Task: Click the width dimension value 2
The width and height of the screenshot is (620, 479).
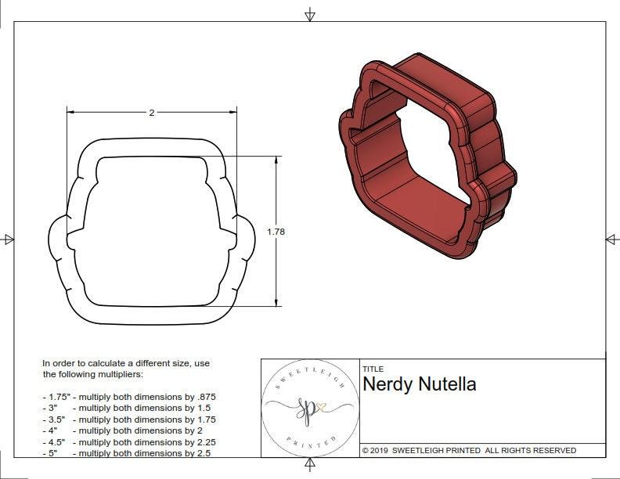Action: [151, 113]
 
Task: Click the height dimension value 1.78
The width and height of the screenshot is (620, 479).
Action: [276, 232]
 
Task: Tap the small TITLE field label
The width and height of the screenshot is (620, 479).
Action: [372, 369]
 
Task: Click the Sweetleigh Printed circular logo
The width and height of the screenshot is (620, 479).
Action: [310, 408]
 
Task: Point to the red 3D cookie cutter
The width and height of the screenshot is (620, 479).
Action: [427, 157]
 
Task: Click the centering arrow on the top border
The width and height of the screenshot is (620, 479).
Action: [310, 14]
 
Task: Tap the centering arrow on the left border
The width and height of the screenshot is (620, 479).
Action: [9, 239]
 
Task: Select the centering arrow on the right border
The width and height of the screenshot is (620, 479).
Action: [611, 239]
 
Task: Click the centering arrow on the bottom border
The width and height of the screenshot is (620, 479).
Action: [310, 466]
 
